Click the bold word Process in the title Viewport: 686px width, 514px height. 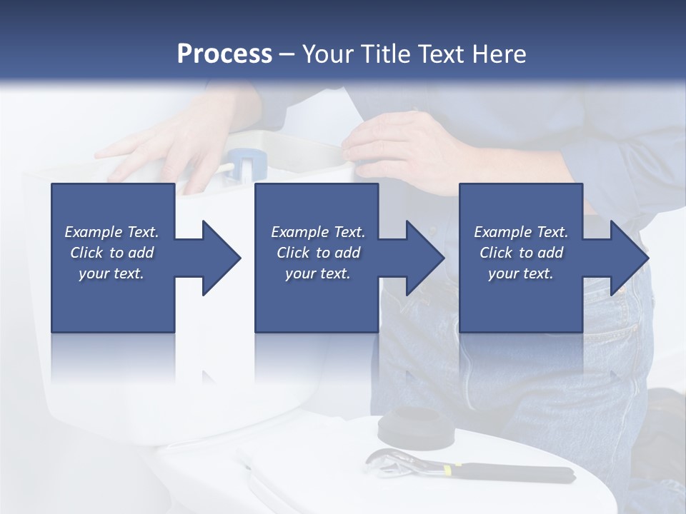[x=224, y=54]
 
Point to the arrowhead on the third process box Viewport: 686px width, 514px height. [x=629, y=258]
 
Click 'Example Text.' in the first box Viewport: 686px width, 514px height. [x=112, y=232]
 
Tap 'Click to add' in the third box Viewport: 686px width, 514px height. [x=522, y=253]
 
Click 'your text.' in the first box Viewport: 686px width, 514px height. [x=112, y=273]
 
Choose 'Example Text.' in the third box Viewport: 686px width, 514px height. [x=522, y=232]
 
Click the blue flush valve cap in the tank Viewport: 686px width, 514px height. [x=247, y=160]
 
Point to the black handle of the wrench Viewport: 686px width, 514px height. [x=514, y=472]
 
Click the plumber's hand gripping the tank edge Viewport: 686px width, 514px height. [x=400, y=146]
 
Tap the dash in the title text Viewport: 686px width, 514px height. [x=287, y=54]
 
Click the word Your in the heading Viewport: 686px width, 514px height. [x=330, y=54]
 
